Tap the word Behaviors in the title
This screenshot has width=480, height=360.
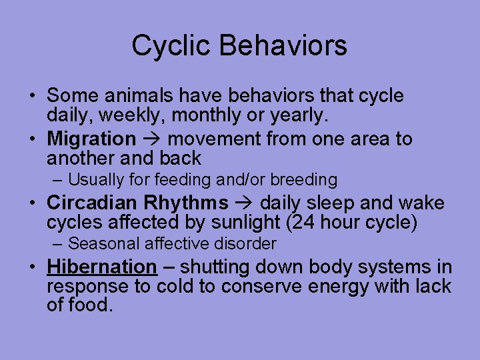pyautogui.click(x=284, y=46)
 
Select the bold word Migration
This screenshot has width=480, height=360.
pyautogui.click(x=91, y=139)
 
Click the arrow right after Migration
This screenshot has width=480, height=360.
pyautogui.click(x=151, y=139)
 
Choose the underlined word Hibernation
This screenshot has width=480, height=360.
pyautogui.click(x=101, y=267)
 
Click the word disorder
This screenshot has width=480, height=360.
pyautogui.click(x=247, y=243)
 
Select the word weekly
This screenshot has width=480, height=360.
pyautogui.click(x=131, y=115)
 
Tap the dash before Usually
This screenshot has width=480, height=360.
pyautogui.click(x=59, y=180)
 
